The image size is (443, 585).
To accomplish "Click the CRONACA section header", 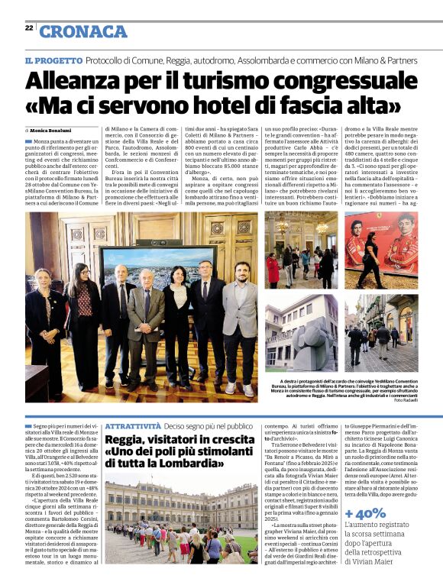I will [83, 31].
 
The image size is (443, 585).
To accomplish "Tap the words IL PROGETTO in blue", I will [53, 60].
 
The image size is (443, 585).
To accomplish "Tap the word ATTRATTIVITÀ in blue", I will [132, 425].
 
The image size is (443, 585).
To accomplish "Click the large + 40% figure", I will [365, 512].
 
